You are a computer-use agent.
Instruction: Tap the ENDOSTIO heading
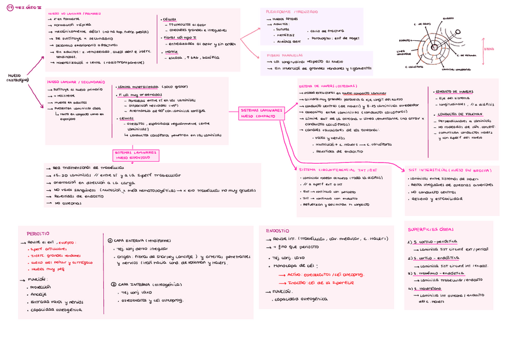(x=277, y=230)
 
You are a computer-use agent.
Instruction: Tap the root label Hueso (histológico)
(x=17, y=78)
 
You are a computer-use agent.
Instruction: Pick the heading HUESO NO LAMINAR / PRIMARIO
(x=74, y=12)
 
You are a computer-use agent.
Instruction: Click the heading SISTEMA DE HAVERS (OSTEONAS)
(x=328, y=86)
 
